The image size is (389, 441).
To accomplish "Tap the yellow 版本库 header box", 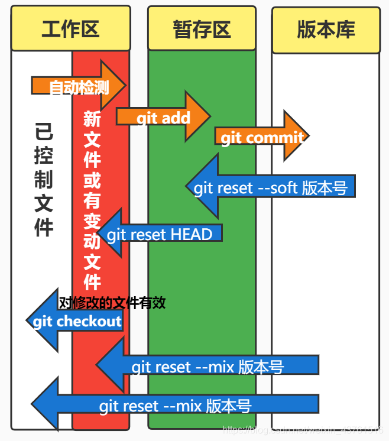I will coord(326,30).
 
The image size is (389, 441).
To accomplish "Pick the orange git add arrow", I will coord(163,117).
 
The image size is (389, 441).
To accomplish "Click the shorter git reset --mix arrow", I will coord(207,366).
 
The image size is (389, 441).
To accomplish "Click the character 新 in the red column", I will coord(92,119).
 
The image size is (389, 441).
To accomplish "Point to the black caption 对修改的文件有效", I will coord(112,303).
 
